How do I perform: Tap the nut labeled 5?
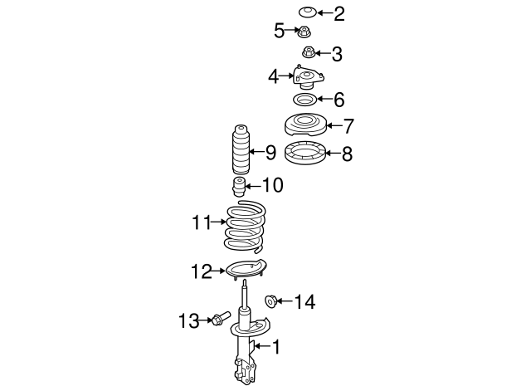304,32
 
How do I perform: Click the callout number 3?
337,55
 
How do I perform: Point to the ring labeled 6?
305,100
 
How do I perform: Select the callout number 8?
347,153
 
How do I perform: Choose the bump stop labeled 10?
240,186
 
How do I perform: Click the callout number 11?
202,222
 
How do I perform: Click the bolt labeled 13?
220,318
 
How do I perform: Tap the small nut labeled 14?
270,300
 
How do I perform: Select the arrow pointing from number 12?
220,270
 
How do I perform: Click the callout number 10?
272,185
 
